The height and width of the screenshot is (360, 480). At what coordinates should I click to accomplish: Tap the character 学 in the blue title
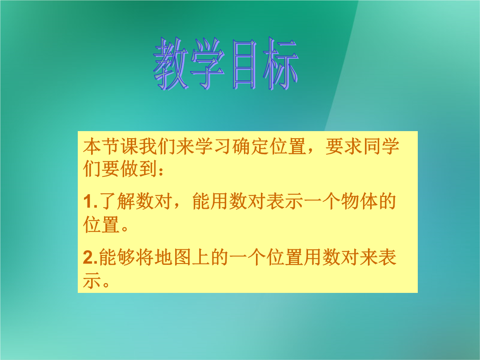[208, 64]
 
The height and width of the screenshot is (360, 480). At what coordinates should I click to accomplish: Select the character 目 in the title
[244, 64]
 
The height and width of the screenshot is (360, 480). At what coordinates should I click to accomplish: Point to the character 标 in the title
[281, 64]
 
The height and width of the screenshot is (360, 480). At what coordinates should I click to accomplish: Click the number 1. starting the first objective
[91, 202]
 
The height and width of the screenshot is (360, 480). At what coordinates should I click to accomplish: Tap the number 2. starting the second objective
[91, 257]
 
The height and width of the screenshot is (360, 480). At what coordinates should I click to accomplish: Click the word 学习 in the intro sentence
[213, 146]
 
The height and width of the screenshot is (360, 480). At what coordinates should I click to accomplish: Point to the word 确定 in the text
[250, 146]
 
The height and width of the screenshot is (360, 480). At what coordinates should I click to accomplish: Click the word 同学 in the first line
[381, 146]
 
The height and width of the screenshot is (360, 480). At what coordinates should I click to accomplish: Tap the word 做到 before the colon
[139, 169]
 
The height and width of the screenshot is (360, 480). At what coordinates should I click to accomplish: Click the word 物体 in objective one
[360, 201]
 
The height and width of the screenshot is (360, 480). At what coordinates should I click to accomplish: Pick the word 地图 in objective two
[173, 257]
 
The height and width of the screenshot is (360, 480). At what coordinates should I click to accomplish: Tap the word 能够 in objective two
[117, 257]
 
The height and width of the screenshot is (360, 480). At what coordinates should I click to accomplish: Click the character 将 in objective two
[145, 257]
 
